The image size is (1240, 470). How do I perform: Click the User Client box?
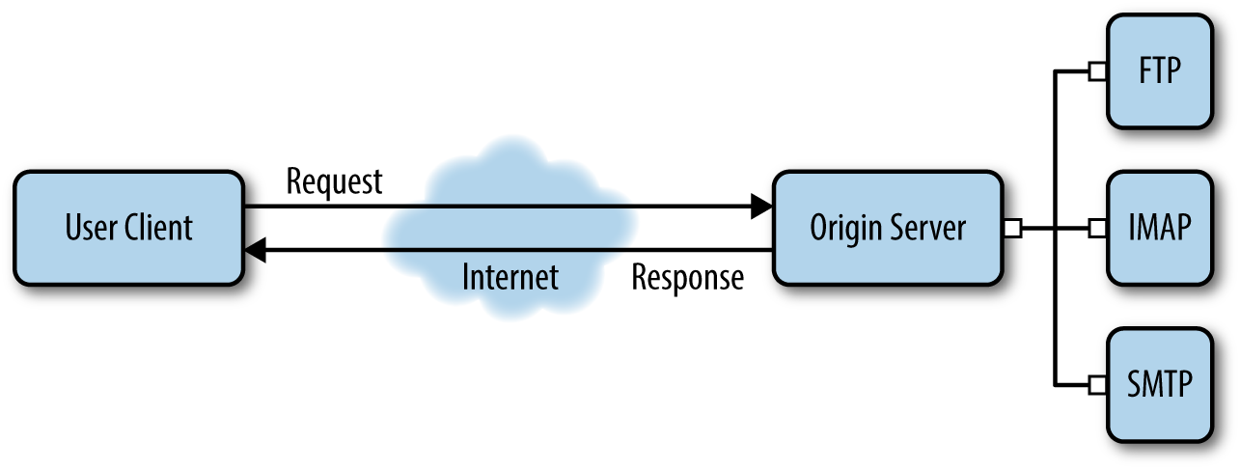(128, 228)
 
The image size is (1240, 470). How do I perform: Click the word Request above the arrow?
(334, 180)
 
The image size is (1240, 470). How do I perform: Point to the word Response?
(687, 278)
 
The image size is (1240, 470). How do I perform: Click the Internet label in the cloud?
(510, 278)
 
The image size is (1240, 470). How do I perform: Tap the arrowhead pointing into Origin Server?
(762, 206)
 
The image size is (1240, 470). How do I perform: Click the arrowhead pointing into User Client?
(255, 251)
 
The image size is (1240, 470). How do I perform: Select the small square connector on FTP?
(1097, 72)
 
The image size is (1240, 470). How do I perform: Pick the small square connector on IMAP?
(1097, 229)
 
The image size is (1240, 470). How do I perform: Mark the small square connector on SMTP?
(1097, 384)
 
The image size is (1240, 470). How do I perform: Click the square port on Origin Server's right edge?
(1012, 229)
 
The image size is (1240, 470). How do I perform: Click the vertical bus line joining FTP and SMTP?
(1058, 154)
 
